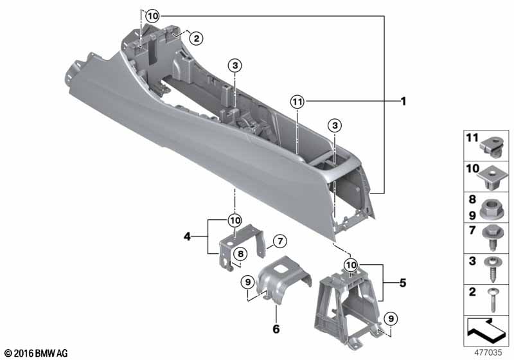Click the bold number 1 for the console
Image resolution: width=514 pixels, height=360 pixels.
403,102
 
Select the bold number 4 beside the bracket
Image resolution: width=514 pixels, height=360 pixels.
187,236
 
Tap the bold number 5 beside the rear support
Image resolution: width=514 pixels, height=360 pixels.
403,283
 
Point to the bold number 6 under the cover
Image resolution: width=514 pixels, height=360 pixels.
276,328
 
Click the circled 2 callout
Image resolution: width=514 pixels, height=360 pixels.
196,39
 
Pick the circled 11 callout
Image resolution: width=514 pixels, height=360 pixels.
297,102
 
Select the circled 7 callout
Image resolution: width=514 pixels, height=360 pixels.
280,242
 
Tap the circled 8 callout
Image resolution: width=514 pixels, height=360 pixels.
240,253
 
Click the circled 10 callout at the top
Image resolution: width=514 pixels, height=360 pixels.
152,15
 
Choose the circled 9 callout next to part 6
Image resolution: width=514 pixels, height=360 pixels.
247,282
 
